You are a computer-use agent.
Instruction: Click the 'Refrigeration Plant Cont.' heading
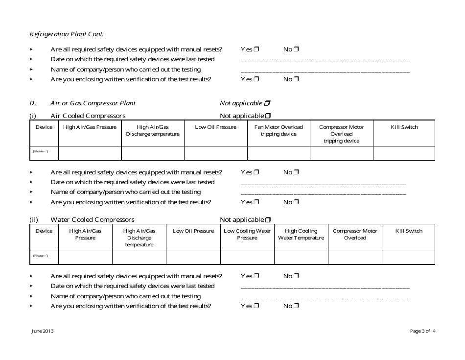click(x=67, y=34)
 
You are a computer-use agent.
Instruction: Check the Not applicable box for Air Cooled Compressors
click(x=268, y=116)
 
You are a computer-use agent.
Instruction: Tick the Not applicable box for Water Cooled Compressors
click(x=268, y=220)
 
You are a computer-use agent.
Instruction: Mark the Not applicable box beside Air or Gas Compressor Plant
click(x=267, y=103)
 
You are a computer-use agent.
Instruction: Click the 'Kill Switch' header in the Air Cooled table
click(x=404, y=127)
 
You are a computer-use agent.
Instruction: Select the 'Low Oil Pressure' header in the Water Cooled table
click(x=193, y=231)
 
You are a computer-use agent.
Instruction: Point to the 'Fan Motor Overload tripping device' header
click(x=279, y=131)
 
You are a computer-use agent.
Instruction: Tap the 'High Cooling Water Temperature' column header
click(x=301, y=235)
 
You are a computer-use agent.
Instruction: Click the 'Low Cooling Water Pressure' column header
click(x=247, y=235)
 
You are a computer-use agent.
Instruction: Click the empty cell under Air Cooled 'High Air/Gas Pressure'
click(x=90, y=153)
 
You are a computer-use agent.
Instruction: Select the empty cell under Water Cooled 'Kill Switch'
click(x=408, y=257)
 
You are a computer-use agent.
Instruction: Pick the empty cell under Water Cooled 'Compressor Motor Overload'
click(x=355, y=257)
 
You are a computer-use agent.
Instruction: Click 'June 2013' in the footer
click(x=43, y=331)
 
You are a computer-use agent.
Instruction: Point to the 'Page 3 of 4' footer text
click(x=422, y=331)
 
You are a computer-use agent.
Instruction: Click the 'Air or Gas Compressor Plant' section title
click(x=93, y=103)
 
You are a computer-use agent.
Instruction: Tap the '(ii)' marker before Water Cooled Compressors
click(x=34, y=220)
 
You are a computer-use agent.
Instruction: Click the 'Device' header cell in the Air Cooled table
click(x=44, y=127)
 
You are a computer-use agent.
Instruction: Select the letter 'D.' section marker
click(x=33, y=103)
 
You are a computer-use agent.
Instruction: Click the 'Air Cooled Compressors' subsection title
click(x=88, y=116)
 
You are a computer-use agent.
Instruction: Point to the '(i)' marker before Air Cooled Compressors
click(x=33, y=116)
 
